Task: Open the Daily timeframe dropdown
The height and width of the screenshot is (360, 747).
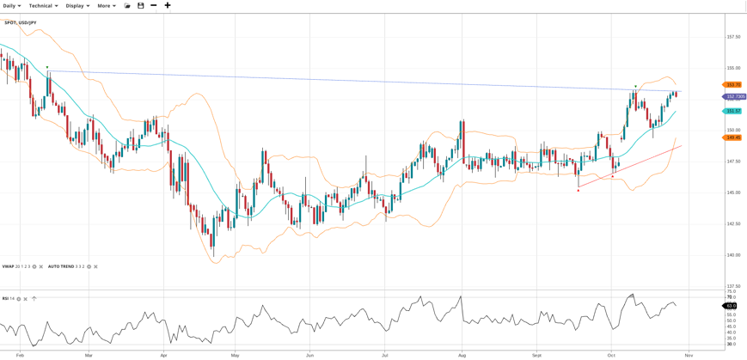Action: tap(11, 6)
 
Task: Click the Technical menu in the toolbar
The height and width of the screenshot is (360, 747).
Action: tap(43, 6)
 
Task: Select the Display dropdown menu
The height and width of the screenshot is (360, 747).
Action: tap(77, 6)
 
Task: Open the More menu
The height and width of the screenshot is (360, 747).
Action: tap(106, 6)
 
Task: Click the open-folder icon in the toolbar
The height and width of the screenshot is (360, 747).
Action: tap(127, 6)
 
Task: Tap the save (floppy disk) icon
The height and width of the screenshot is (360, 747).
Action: tap(141, 6)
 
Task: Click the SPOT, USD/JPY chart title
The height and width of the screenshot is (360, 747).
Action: tap(21, 22)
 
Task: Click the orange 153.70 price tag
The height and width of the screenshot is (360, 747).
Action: tap(732, 84)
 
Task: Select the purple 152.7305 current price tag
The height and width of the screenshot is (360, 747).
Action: tap(735, 96)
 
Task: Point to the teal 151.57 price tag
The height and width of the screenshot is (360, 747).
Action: tap(732, 111)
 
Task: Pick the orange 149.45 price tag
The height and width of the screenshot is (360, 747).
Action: tap(732, 137)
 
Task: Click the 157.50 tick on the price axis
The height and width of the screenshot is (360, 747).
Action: tap(733, 37)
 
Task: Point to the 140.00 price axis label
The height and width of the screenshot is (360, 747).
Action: tap(733, 255)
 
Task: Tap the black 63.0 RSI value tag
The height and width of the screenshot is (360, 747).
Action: tap(731, 306)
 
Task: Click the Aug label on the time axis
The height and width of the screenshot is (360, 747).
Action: tap(462, 355)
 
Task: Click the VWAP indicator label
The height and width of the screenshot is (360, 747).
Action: tap(9, 266)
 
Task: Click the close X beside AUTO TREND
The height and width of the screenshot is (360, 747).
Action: tap(95, 266)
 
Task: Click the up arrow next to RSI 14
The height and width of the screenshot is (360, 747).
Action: tap(34, 299)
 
